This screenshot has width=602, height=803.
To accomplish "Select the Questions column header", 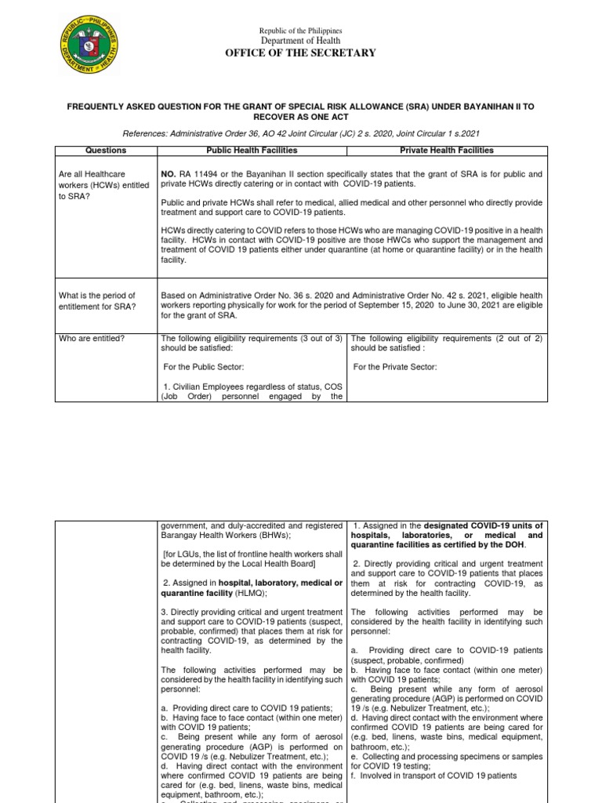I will [x=106, y=151].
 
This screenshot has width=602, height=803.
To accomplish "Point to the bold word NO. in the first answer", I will [x=169, y=174].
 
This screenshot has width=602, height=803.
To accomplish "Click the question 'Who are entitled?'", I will [x=92, y=338].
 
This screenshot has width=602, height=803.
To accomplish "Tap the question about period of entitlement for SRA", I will [x=97, y=300].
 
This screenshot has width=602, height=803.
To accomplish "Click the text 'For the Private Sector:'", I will [x=396, y=367].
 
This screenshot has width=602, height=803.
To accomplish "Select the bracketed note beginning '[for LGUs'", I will [x=251, y=558].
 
